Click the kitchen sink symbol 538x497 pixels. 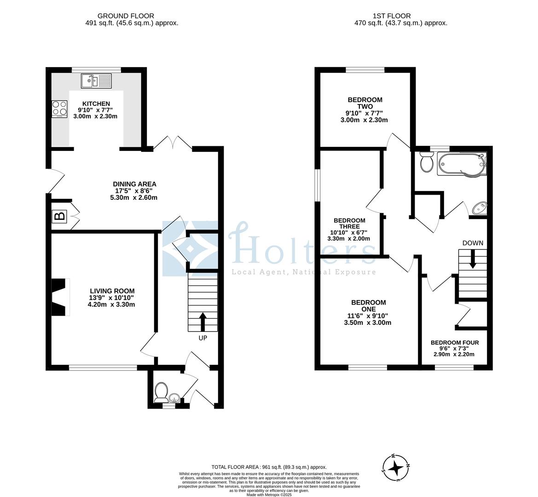coord(96,81)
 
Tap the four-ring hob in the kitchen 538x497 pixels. coord(59,108)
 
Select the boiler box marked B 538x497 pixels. coord(59,216)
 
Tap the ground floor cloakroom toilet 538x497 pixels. coord(162,392)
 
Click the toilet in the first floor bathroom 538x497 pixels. coord(426,162)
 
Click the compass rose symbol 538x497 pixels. coord(395,468)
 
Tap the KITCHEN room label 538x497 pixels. coord(96,104)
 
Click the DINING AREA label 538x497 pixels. coord(135,184)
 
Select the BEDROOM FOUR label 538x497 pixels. coord(455,342)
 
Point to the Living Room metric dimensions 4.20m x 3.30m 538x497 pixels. coord(112,304)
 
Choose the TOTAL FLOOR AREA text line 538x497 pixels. coord(269,467)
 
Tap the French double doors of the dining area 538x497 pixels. coord(173,143)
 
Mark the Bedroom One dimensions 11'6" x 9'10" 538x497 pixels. coord(368,316)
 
